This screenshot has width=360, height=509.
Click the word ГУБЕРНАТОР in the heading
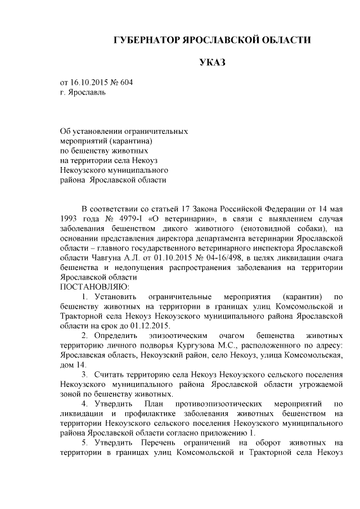(x=145, y=40)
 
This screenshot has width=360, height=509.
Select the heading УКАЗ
(x=212, y=62)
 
